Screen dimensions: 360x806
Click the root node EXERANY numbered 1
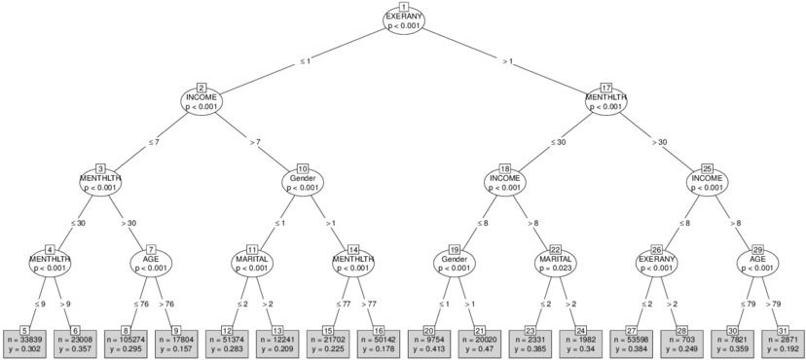404,21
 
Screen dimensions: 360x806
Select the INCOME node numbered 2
201,101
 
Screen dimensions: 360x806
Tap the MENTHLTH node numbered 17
606,101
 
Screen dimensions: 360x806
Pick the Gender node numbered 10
302,182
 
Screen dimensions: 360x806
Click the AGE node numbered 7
151,263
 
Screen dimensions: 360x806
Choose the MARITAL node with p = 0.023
556,263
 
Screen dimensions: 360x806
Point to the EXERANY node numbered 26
657,263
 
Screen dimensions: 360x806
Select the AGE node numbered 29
758,263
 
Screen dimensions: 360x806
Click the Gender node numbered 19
455,263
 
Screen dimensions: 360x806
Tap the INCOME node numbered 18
505,182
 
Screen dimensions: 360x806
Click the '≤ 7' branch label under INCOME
151,142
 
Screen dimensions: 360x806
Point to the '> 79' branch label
772,304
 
